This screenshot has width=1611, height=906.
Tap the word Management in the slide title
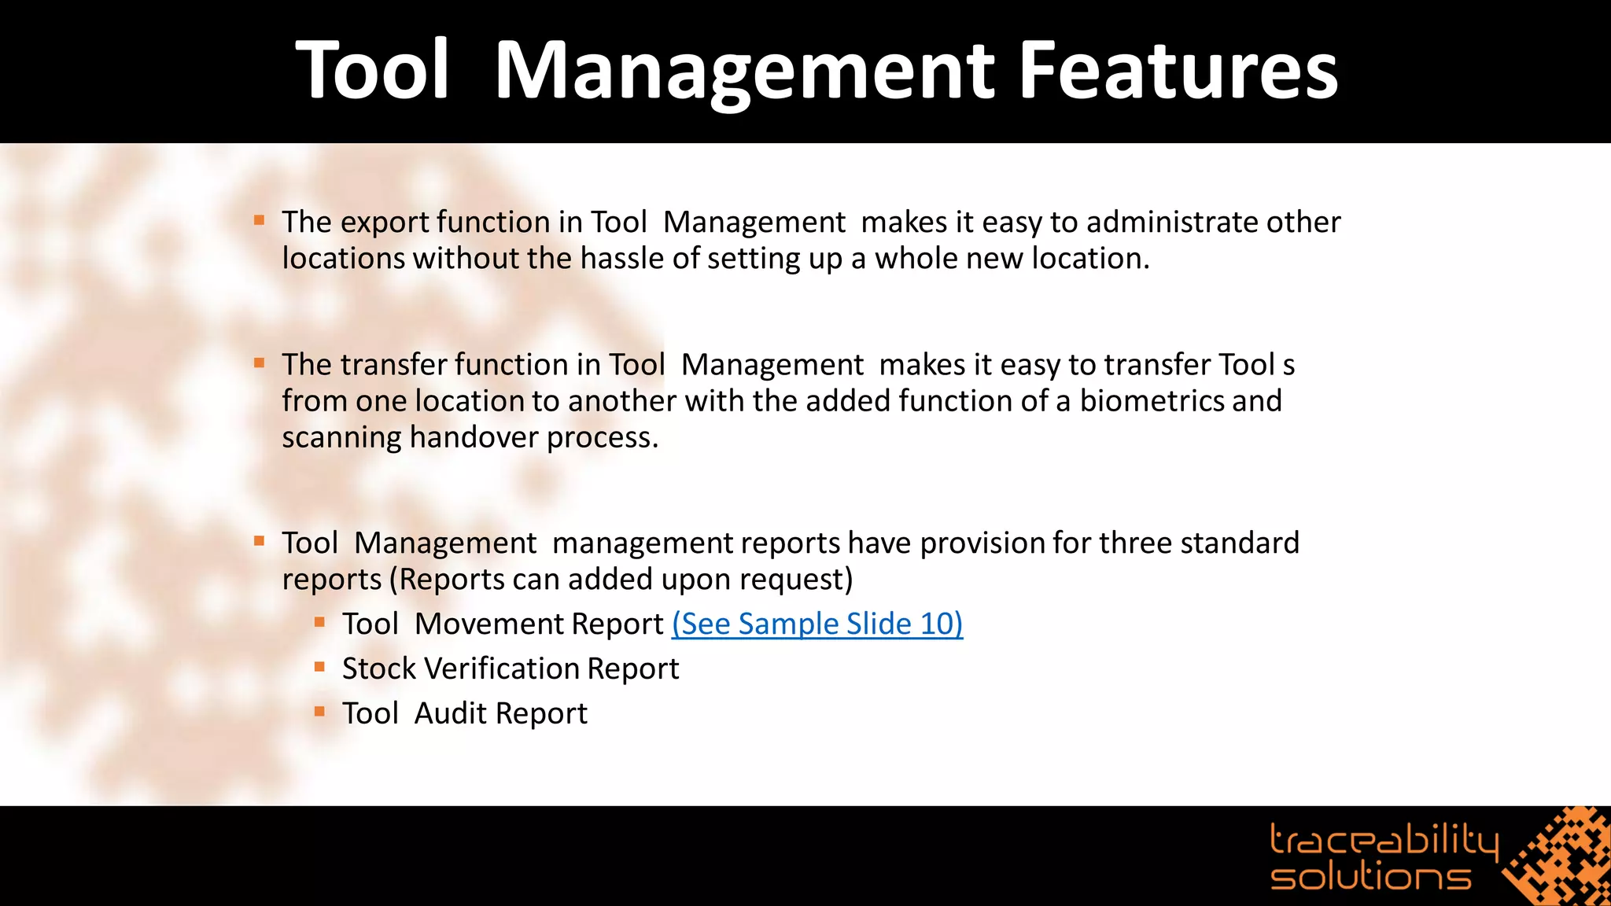(x=744, y=72)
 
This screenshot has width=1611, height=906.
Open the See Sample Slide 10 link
(x=817, y=624)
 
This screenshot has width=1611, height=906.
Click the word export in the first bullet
(x=383, y=223)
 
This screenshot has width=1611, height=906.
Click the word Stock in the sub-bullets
(x=378, y=668)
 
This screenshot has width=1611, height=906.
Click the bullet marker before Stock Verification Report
(x=319, y=667)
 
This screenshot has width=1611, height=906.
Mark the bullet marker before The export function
(x=259, y=220)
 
